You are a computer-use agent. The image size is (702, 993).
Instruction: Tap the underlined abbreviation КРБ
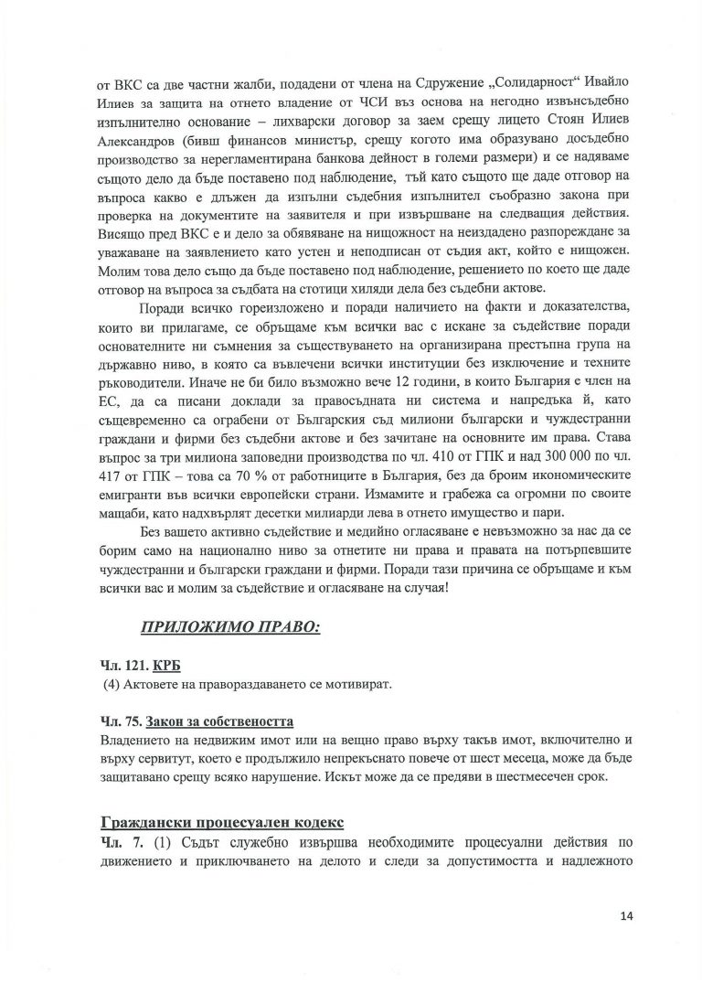[x=163, y=667]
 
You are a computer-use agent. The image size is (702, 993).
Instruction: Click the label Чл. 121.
[x=120, y=667]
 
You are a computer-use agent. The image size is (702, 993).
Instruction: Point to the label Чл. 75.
[x=116, y=721]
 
